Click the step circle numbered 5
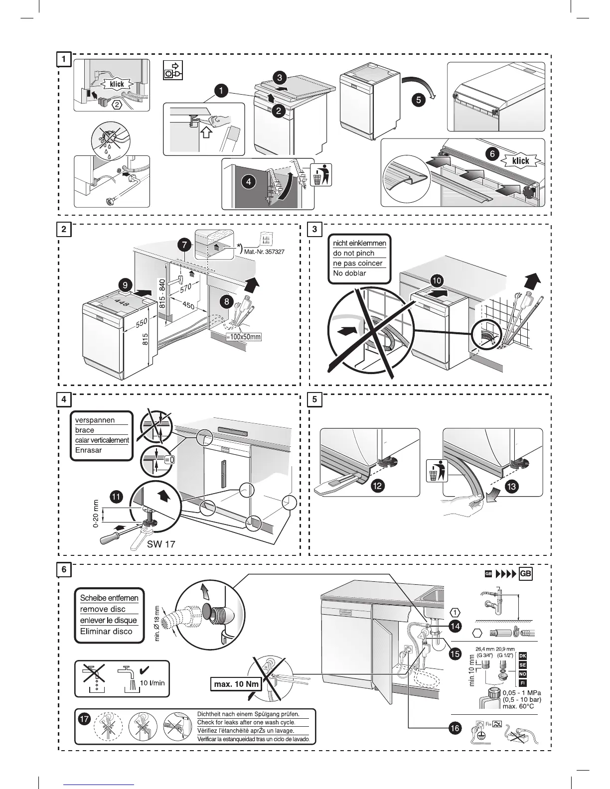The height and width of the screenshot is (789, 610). [418, 100]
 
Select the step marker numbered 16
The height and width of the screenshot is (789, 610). [455, 728]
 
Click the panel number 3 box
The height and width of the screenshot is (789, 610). [315, 230]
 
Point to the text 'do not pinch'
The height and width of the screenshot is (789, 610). [354, 253]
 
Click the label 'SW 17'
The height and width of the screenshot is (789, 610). [161, 544]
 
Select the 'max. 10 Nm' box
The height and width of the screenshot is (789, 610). [236, 684]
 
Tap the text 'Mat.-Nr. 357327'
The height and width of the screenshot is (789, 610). [264, 252]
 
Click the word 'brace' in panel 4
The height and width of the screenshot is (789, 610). [85, 430]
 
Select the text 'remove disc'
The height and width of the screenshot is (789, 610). [103, 609]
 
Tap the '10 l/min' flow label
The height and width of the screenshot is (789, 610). [152, 683]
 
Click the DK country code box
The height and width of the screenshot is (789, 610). [523, 656]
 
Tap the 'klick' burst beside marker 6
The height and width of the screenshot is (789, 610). [521, 161]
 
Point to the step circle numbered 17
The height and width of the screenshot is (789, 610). [85, 720]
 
